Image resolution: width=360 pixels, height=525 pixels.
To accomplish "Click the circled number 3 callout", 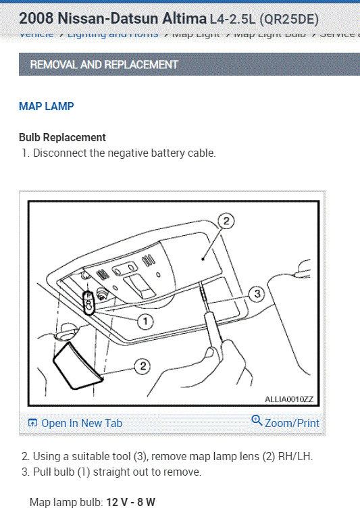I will (256, 294).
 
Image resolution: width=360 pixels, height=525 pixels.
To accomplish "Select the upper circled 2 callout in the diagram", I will (227, 220).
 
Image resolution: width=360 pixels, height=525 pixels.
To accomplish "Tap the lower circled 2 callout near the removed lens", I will (142, 366).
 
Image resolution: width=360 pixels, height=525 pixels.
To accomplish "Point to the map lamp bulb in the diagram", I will (88, 302).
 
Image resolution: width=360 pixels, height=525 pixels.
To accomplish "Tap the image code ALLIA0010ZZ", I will (288, 399).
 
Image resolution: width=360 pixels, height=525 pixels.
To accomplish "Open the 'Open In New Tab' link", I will (82, 423).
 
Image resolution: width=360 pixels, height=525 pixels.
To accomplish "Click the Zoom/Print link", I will (292, 423).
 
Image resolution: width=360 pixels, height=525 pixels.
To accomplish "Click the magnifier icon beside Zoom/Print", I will (257, 421).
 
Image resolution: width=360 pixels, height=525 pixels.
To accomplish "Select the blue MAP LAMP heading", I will (47, 106).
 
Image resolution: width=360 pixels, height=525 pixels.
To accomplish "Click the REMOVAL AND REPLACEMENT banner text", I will (104, 65).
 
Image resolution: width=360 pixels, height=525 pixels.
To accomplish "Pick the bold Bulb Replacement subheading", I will (62, 137).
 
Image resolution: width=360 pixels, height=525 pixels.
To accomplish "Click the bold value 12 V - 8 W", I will (131, 503).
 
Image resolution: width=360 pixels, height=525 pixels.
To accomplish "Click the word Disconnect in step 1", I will (59, 153).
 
